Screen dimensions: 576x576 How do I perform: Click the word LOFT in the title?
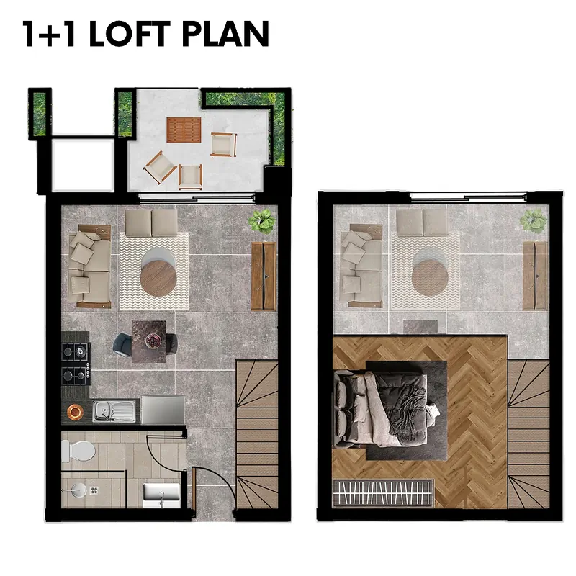tap(130, 33)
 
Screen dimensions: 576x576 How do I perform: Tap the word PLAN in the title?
tap(225, 33)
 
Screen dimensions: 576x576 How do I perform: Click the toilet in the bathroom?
tap(78, 451)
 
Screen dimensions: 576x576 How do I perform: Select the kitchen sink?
tap(114, 410)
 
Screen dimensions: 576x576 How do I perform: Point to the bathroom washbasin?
tap(161, 495)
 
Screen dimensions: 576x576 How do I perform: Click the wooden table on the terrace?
tap(184, 130)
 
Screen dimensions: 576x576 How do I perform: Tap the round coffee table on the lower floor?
tap(158, 278)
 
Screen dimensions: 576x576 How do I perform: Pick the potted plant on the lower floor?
tap(262, 221)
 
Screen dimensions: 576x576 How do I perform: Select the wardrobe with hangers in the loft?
tap(383, 492)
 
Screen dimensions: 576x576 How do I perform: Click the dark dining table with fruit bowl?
tap(149, 341)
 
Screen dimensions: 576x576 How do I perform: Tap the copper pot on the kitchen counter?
tap(75, 412)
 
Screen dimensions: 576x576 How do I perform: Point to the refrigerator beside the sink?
tap(163, 410)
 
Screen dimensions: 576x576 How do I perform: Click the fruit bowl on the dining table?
tap(151, 340)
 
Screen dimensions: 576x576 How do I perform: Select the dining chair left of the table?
tap(122, 345)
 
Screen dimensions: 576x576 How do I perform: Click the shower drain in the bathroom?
tap(94, 490)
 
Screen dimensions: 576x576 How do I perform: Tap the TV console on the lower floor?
tap(264, 276)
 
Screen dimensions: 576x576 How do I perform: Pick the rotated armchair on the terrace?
tap(160, 168)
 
